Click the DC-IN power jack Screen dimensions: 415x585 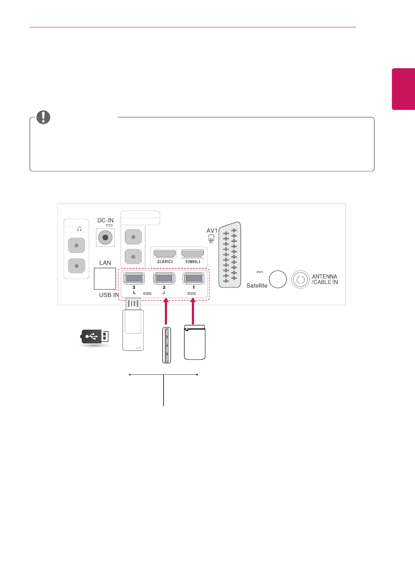[x=105, y=238]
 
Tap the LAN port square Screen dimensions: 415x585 [x=105, y=278]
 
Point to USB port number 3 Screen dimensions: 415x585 [x=134, y=278]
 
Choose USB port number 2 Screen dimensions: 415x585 [x=164, y=278]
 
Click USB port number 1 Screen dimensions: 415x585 [x=194, y=278]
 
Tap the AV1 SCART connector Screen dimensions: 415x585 [x=230, y=255]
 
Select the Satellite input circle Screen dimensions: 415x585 [x=278, y=279]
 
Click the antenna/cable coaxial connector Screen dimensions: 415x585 [x=301, y=279]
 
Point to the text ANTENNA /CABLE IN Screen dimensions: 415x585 [x=325, y=279]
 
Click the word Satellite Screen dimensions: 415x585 [x=257, y=286]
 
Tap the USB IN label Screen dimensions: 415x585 [x=109, y=295]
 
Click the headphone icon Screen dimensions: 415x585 [x=79, y=229]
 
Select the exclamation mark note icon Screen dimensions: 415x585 [x=43, y=117]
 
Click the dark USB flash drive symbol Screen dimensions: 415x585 [x=94, y=337]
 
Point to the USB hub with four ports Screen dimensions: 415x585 [x=167, y=345]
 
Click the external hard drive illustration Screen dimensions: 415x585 [x=195, y=342]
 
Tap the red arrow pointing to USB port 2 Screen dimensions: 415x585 [x=166, y=311]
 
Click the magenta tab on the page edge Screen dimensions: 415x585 [x=403, y=89]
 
